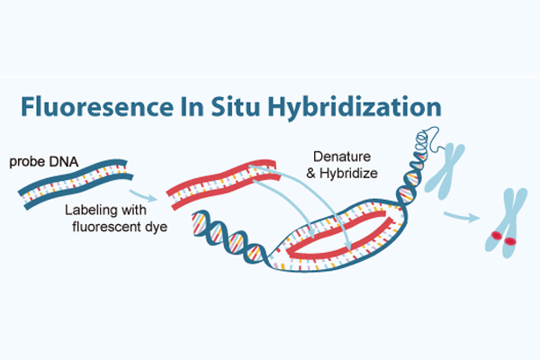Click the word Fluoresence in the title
pyautogui.click(x=97, y=106)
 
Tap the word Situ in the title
pyautogui.click(x=235, y=106)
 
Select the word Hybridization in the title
pyautogui.click(x=355, y=108)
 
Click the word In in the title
pyautogui.click(x=193, y=106)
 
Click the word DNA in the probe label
pyautogui.click(x=64, y=162)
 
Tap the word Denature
pyautogui.click(x=342, y=157)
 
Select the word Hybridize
pyautogui.click(x=348, y=174)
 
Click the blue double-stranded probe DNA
pyautogui.click(x=76, y=184)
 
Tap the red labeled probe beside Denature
pyautogui.click(x=223, y=184)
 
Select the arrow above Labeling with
pyautogui.click(x=143, y=195)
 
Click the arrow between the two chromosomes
pyautogui.click(x=462, y=216)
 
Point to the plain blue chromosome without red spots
pyautogui.click(x=445, y=172)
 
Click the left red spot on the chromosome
pyautogui.click(x=497, y=236)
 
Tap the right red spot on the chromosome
pyautogui.click(x=510, y=241)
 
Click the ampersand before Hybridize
pyautogui.click(x=311, y=174)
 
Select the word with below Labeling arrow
pyautogui.click(x=131, y=210)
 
